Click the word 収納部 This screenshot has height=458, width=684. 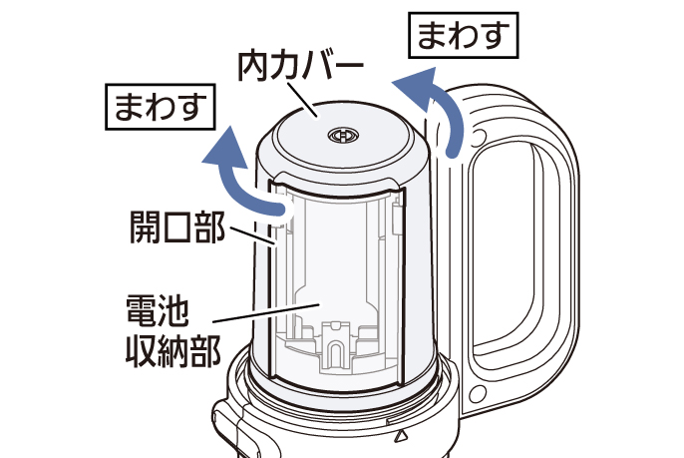(x=171, y=351)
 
